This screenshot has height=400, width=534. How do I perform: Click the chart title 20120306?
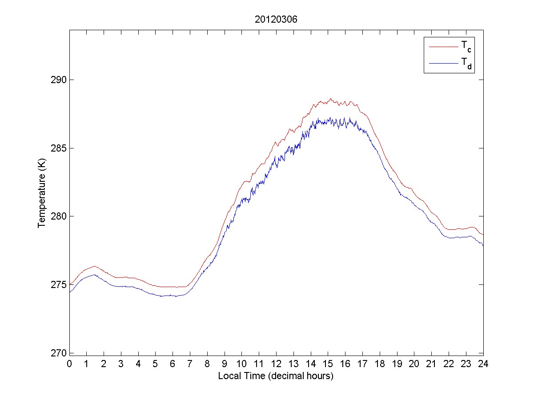click(276, 20)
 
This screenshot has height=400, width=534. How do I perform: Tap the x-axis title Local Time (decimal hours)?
click(276, 376)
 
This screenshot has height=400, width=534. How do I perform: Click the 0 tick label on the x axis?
click(69, 364)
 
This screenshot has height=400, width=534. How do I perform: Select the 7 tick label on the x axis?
click(190, 364)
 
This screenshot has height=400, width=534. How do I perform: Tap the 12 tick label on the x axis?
click(276, 364)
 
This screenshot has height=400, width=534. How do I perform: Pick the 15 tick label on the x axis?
click(328, 364)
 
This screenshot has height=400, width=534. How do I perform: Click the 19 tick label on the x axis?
click(397, 364)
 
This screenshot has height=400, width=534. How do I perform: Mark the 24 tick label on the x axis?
click(483, 364)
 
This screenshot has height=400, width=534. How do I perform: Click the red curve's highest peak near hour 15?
click(330, 99)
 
